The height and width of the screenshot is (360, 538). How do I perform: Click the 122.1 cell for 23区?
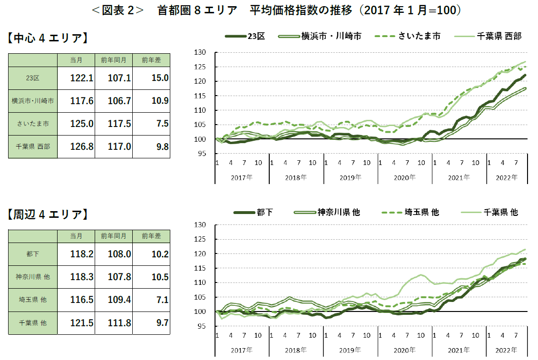pyautogui.click(x=81, y=78)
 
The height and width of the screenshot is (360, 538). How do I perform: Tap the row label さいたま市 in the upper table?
pyautogui.click(x=33, y=124)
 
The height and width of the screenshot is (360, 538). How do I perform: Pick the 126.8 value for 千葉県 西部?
pyautogui.click(x=81, y=146)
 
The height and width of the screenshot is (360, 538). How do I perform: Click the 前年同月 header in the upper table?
pyautogui.click(x=113, y=60)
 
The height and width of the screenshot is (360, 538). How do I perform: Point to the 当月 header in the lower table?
pyautogui.click(x=76, y=236)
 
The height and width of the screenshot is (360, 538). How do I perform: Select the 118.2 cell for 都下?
pyautogui.click(x=81, y=254)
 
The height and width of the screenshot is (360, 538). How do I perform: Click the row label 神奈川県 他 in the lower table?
pyautogui.click(x=33, y=277)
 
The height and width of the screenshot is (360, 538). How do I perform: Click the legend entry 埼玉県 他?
pyautogui.click(x=421, y=212)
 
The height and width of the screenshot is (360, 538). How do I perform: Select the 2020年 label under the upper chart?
pyautogui.click(x=405, y=177)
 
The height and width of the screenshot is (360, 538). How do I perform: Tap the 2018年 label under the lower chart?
pyautogui.click(x=296, y=350)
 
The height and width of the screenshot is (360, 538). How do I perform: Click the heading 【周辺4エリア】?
pyautogui.click(x=48, y=214)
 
